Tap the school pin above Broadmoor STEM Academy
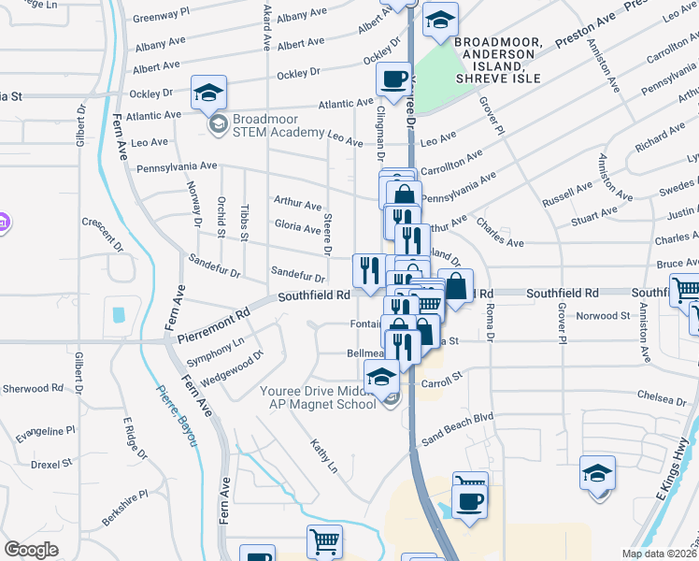208,92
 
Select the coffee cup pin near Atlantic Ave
393,79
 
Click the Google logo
31,549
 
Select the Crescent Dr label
103,236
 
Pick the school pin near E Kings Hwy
597,473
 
